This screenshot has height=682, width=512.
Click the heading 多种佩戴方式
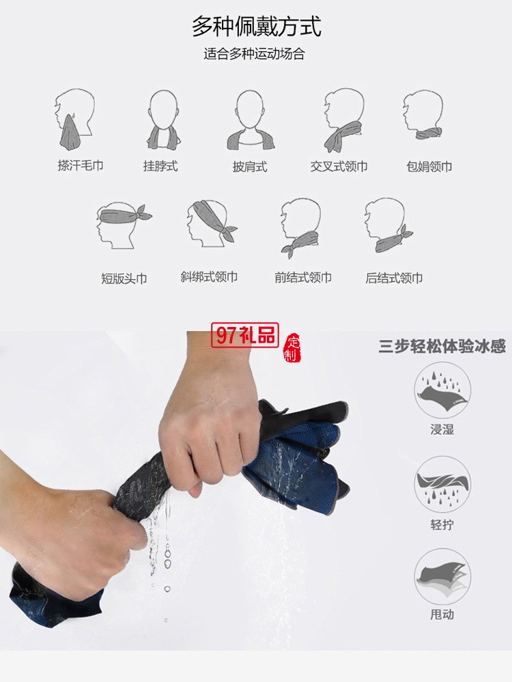click(256, 26)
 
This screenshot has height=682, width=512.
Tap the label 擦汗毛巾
click(81, 165)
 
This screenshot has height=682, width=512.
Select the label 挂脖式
click(160, 166)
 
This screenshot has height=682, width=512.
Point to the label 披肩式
click(250, 167)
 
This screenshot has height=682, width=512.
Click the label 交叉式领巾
click(339, 167)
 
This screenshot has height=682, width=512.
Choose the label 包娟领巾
click(429, 167)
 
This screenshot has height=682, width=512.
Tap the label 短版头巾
click(124, 279)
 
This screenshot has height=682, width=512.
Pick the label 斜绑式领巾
click(209, 277)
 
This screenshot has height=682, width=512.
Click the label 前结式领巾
click(303, 278)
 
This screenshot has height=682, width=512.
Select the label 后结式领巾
click(394, 278)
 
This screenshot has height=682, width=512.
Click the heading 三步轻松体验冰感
click(442, 346)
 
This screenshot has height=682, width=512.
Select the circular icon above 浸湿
click(442, 390)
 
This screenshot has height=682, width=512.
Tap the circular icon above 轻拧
click(442, 484)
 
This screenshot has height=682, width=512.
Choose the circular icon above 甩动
click(442, 576)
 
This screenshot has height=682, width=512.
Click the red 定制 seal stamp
click(292, 347)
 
